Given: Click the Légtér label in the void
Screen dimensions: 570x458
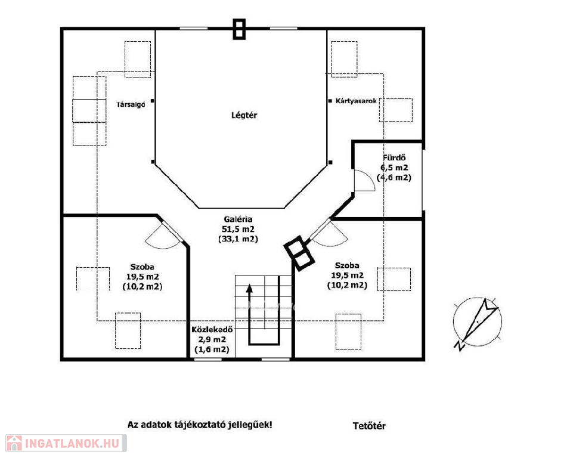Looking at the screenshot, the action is pos(244,115).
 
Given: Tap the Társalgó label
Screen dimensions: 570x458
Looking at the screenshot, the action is pos(131,105).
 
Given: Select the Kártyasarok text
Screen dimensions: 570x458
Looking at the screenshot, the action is pos(357,101).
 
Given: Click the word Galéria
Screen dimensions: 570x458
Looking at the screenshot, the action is pos(238,219).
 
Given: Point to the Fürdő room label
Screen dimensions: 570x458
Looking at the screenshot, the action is pos(394,158).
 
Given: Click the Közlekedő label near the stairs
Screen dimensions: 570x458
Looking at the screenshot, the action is pos(212,330).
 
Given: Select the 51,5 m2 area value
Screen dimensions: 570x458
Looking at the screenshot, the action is pos(238,229).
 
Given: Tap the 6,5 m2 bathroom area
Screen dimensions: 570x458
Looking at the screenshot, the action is pos(394,168).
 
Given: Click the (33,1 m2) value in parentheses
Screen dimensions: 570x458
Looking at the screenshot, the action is pos(238,239).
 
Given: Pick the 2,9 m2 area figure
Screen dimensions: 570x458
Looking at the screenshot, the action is pos(212,339).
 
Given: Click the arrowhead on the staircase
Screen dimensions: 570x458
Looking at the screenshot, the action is pos(249,288).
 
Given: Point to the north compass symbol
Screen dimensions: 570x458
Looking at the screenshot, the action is pos(477,322).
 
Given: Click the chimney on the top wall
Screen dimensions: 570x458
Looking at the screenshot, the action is pos(239,29).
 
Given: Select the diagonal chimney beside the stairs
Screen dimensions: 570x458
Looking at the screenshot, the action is pos(299,253).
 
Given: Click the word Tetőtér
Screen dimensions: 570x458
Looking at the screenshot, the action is pos(369,426).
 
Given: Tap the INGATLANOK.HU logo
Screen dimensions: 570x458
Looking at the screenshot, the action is pos(66,443).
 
